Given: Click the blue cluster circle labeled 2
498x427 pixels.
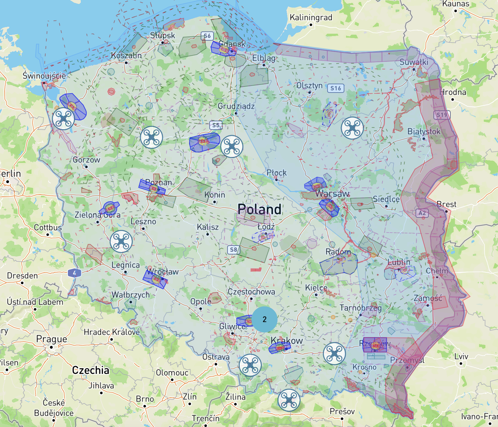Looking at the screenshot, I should coord(265,319).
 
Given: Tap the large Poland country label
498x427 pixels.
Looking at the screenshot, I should coord(260,210).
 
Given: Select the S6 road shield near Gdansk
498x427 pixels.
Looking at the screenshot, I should coord(207,36).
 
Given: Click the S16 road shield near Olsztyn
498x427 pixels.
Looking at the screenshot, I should coord(336,88).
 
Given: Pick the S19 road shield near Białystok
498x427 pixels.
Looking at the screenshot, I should coord(442,115).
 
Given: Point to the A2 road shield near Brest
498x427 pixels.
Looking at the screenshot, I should coord(422,213).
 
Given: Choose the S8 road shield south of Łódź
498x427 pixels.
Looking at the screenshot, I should coord(234,250).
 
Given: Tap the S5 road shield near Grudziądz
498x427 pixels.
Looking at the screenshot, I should coord(216,125).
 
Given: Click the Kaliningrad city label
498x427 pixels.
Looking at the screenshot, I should coord(311,18).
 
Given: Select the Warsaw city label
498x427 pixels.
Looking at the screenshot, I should coord(332,194).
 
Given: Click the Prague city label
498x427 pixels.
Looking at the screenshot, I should coord(52,339).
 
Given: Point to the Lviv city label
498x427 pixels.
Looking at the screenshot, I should coord(461,357).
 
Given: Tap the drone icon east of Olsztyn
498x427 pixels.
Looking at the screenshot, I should coord(352,128).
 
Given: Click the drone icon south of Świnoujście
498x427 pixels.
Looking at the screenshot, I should coord(63,119).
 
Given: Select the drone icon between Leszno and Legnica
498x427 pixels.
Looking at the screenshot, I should coord(121,242).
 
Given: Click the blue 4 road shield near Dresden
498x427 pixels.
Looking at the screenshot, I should coord(75,273).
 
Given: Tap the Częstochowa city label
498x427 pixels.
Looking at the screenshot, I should coord(251,292).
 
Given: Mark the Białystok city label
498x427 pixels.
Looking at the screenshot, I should coord(424,132).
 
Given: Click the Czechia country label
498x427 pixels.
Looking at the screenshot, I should coord(91,370).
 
